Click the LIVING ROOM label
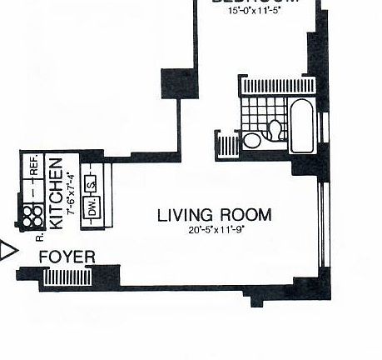[x=214, y=215]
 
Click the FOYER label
[x=67, y=257]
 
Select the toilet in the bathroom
[x=274, y=129]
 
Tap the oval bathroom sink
[x=251, y=140]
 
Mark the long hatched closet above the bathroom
[x=279, y=86]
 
